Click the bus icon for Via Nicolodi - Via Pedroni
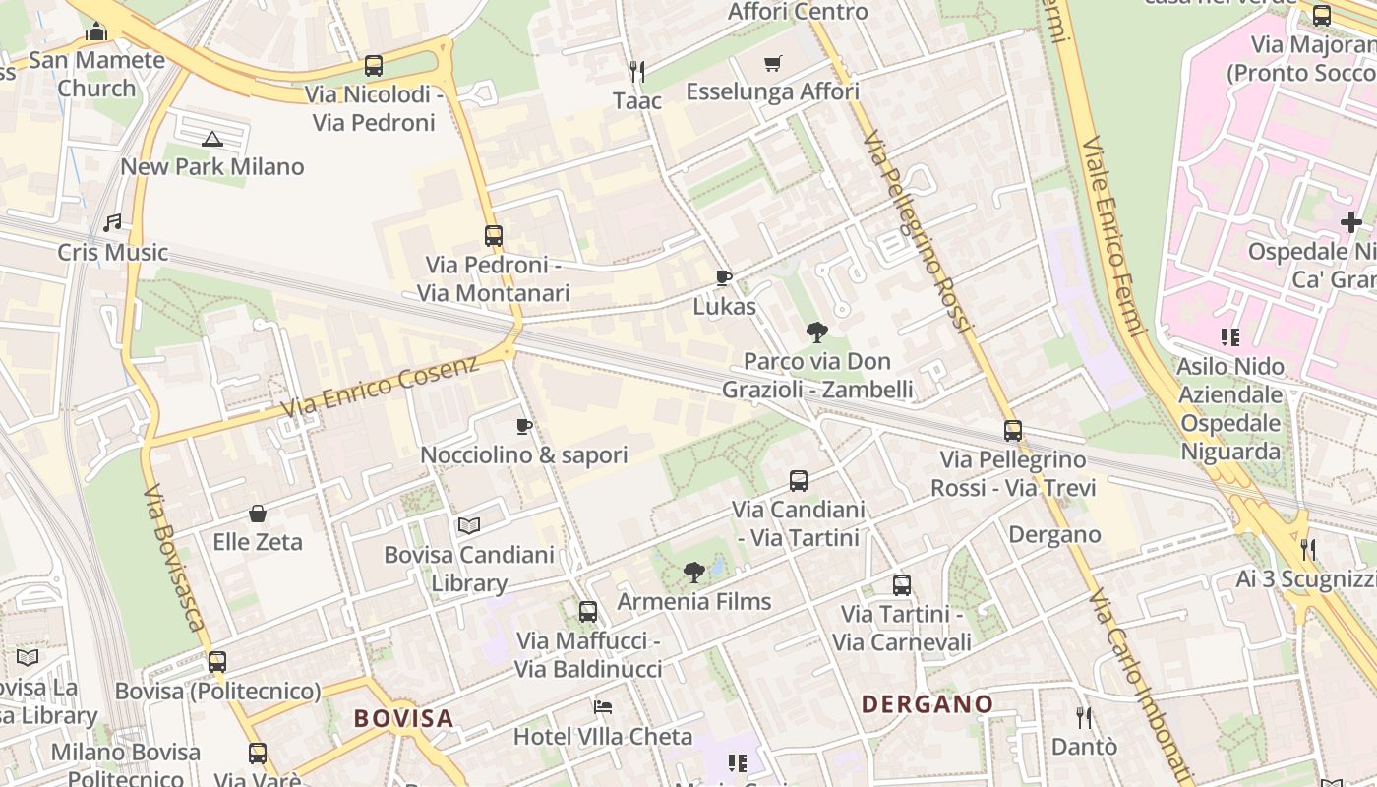[x=374, y=66]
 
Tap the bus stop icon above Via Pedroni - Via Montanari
[x=494, y=236]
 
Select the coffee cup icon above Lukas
[x=724, y=278]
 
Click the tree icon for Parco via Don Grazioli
[x=816, y=333]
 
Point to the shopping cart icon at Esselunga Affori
[x=773, y=64]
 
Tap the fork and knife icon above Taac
[x=637, y=71]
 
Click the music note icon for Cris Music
[x=113, y=223]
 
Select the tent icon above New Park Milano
[x=212, y=139]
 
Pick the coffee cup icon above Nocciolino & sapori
[x=524, y=426]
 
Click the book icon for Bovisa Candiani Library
[x=469, y=526]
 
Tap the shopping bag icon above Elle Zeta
[x=258, y=514]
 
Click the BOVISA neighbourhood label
[x=403, y=718]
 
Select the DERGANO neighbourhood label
[x=928, y=704]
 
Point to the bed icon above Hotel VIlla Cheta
[x=603, y=707]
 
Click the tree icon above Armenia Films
[x=694, y=573]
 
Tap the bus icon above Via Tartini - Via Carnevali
[x=902, y=585]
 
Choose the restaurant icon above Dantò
[x=1084, y=717]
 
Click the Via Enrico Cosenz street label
[x=380, y=386]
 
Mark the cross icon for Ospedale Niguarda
[x=1351, y=222]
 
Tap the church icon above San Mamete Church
[x=96, y=31]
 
